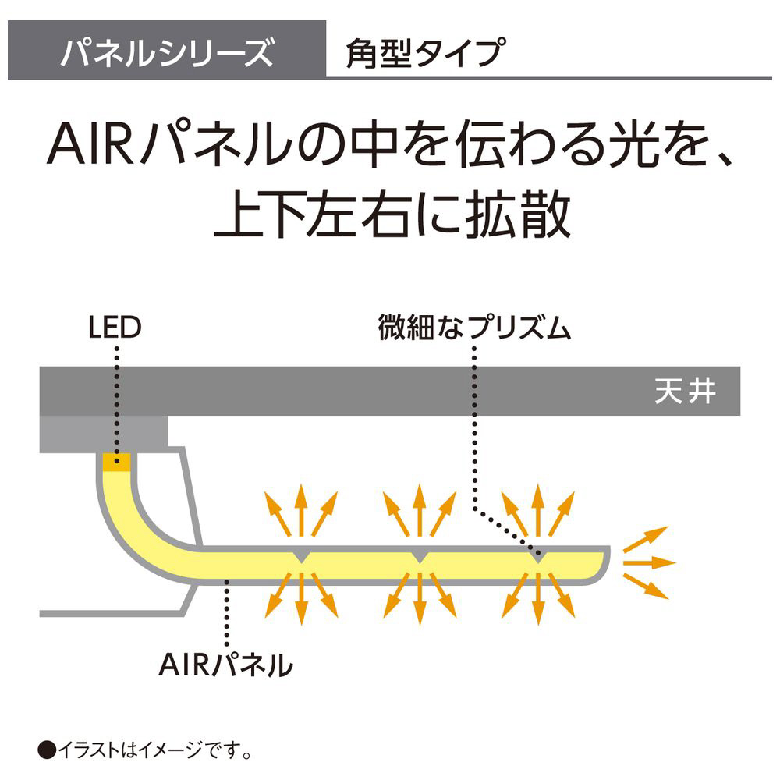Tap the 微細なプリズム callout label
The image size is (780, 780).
pyautogui.click(x=475, y=328)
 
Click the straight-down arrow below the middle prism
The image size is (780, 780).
pyautogui.click(x=419, y=601)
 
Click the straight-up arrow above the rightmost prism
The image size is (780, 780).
pyautogui.click(x=537, y=511)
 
